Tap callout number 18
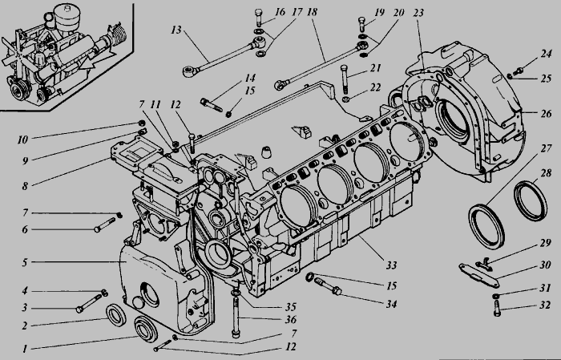click(x=310, y=14)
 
